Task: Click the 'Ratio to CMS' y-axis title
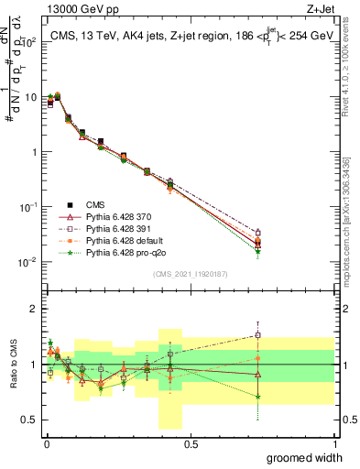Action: tap(12, 365)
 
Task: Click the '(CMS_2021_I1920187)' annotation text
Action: tap(191, 273)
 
